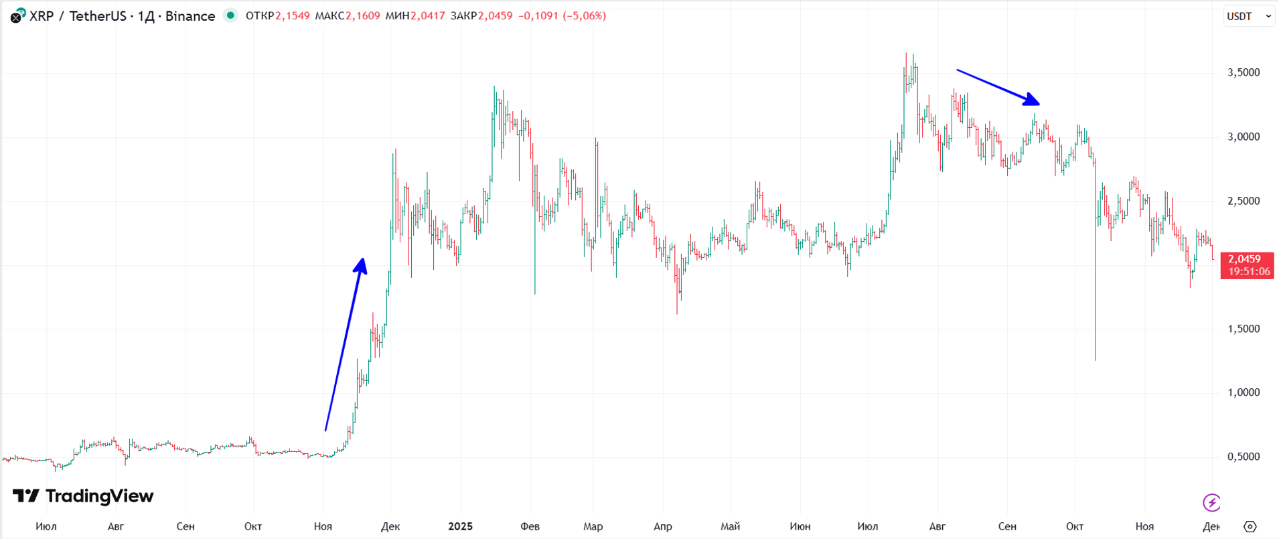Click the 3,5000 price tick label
tap(1244, 72)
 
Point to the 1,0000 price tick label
tap(1244, 392)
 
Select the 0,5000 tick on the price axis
tap(1244, 457)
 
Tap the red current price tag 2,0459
tap(1246, 265)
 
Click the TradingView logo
tap(83, 496)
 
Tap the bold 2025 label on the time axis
tap(460, 526)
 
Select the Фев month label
tap(530, 526)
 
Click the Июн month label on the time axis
tap(800, 526)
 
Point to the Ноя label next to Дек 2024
tap(323, 526)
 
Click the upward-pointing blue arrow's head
tap(362, 264)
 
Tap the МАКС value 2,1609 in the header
tap(362, 15)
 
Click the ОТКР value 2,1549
tap(293, 15)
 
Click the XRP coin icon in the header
tap(17, 15)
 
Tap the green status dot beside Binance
tap(230, 15)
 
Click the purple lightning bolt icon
tap(1211, 502)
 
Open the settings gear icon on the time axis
tap(1250, 526)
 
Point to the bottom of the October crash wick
tap(1096, 360)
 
